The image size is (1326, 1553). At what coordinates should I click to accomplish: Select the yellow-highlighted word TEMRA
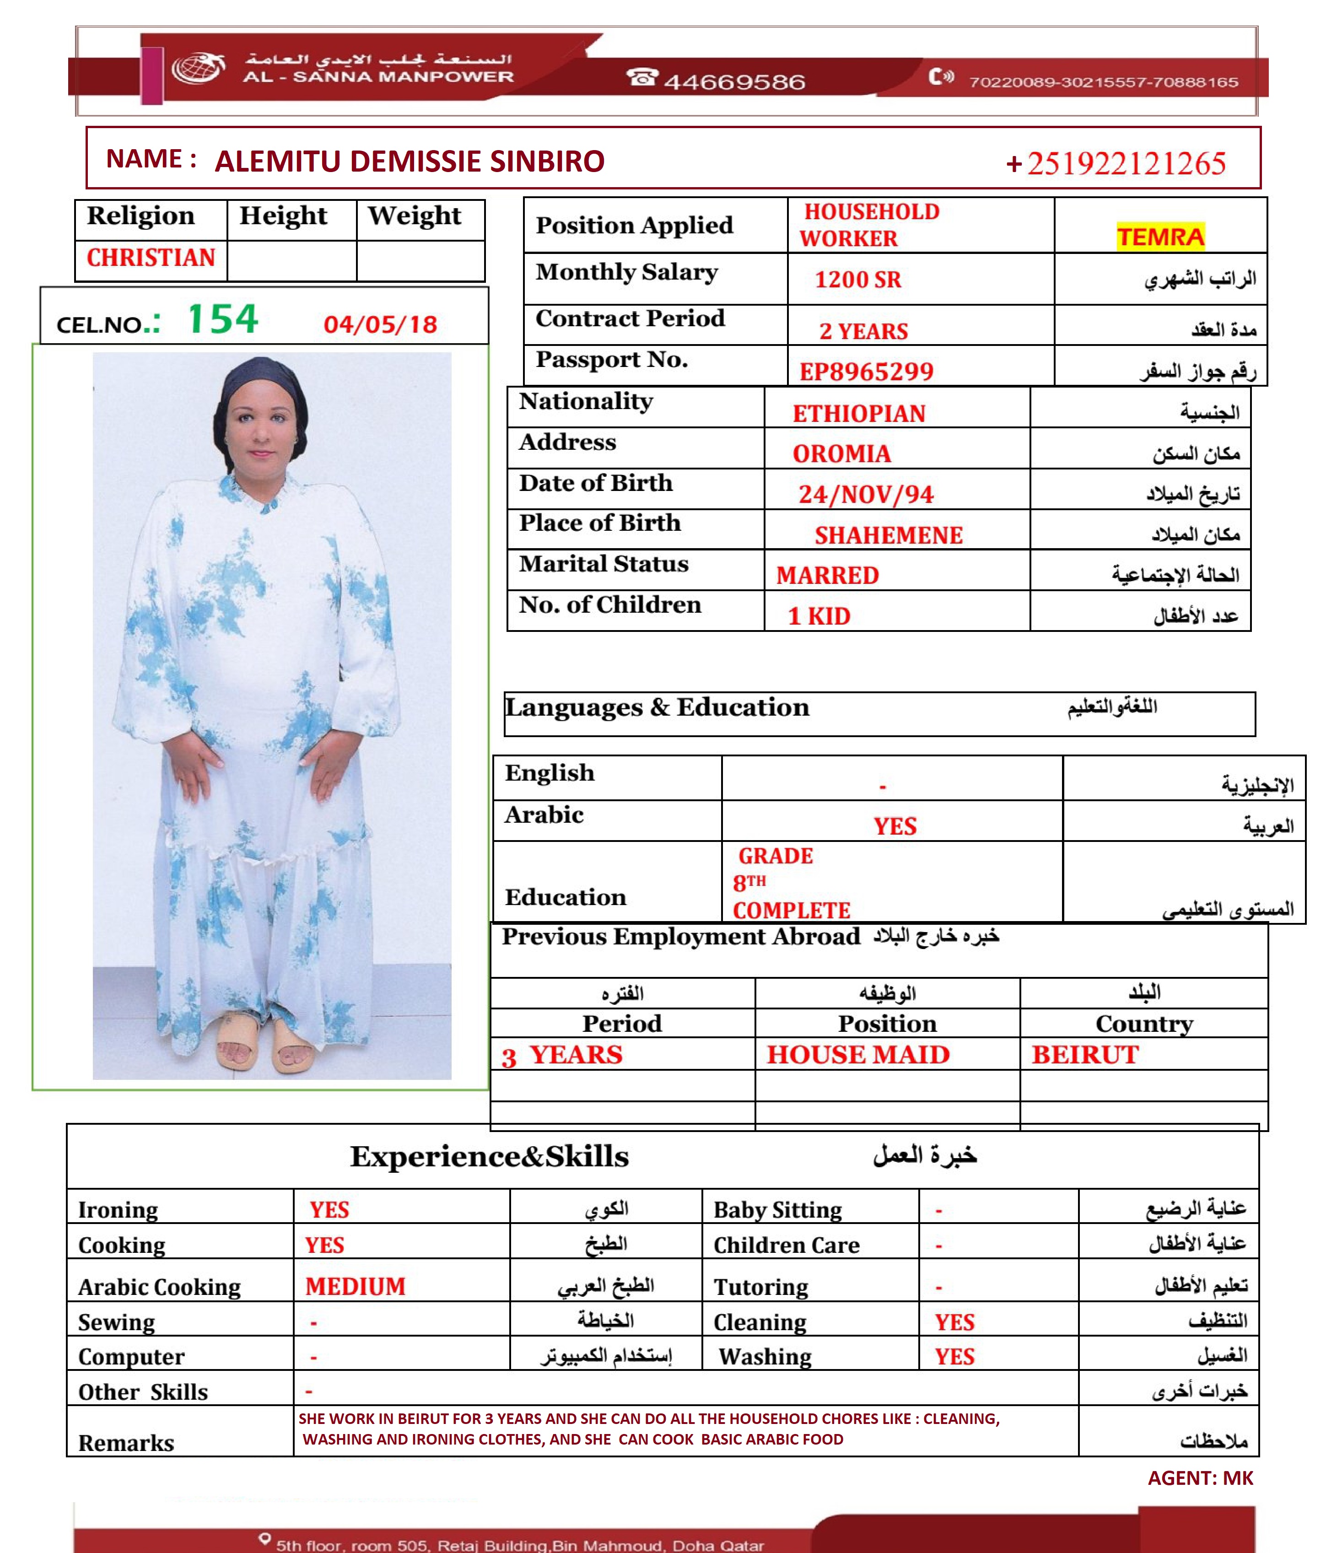click(x=1159, y=237)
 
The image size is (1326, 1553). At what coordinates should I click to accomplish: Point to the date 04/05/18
click(x=380, y=324)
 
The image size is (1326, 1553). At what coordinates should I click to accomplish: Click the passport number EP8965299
click(x=866, y=371)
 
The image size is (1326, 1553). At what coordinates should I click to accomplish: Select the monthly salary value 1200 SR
click(x=857, y=280)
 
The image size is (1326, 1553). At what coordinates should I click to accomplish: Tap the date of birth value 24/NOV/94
click(x=866, y=495)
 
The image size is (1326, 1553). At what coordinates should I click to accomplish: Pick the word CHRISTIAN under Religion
click(x=151, y=258)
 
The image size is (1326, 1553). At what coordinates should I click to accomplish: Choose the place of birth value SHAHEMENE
click(x=888, y=535)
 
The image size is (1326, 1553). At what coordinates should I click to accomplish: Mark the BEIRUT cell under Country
click(x=1084, y=1055)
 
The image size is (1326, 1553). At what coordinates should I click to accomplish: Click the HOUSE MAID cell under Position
click(x=857, y=1055)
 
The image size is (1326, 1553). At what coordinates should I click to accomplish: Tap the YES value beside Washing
click(x=954, y=1357)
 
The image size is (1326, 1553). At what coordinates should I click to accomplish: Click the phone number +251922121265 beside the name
click(x=1116, y=163)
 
